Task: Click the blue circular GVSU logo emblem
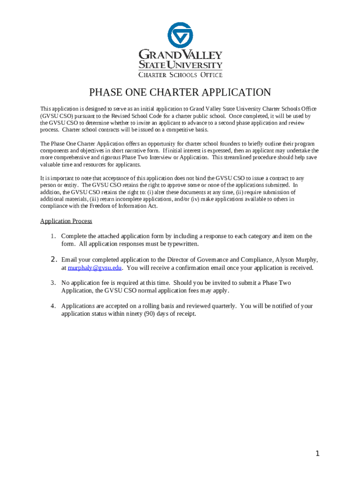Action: coord(180,36)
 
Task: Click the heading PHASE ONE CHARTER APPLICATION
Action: coord(180,92)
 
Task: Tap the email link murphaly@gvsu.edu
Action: coord(95,268)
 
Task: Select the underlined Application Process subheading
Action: coord(66,221)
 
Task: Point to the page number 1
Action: coord(317,453)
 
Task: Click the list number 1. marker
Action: coord(53,236)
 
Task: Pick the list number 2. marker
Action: coord(53,260)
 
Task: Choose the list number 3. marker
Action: coord(53,283)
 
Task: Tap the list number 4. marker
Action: coord(53,306)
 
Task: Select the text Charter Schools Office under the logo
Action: coord(180,74)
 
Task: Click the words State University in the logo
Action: coord(180,65)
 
